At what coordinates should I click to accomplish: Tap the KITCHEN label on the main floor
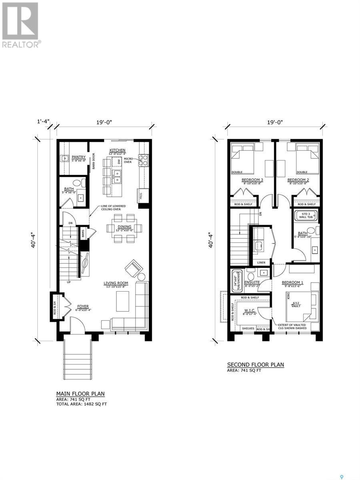(x=118, y=150)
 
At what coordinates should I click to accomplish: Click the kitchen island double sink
(x=117, y=176)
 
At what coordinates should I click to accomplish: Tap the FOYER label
(x=83, y=306)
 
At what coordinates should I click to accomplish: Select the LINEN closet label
(x=261, y=262)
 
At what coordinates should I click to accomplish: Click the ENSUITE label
(x=252, y=282)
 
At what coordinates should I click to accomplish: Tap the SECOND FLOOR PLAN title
(x=255, y=364)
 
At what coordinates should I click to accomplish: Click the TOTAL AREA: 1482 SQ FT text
(x=82, y=404)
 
